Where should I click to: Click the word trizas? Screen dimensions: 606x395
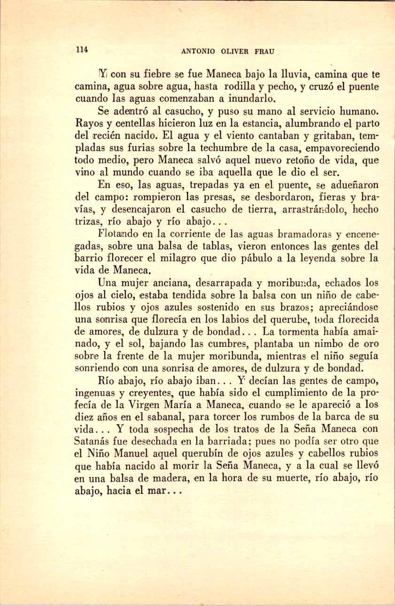[x=88, y=221]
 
